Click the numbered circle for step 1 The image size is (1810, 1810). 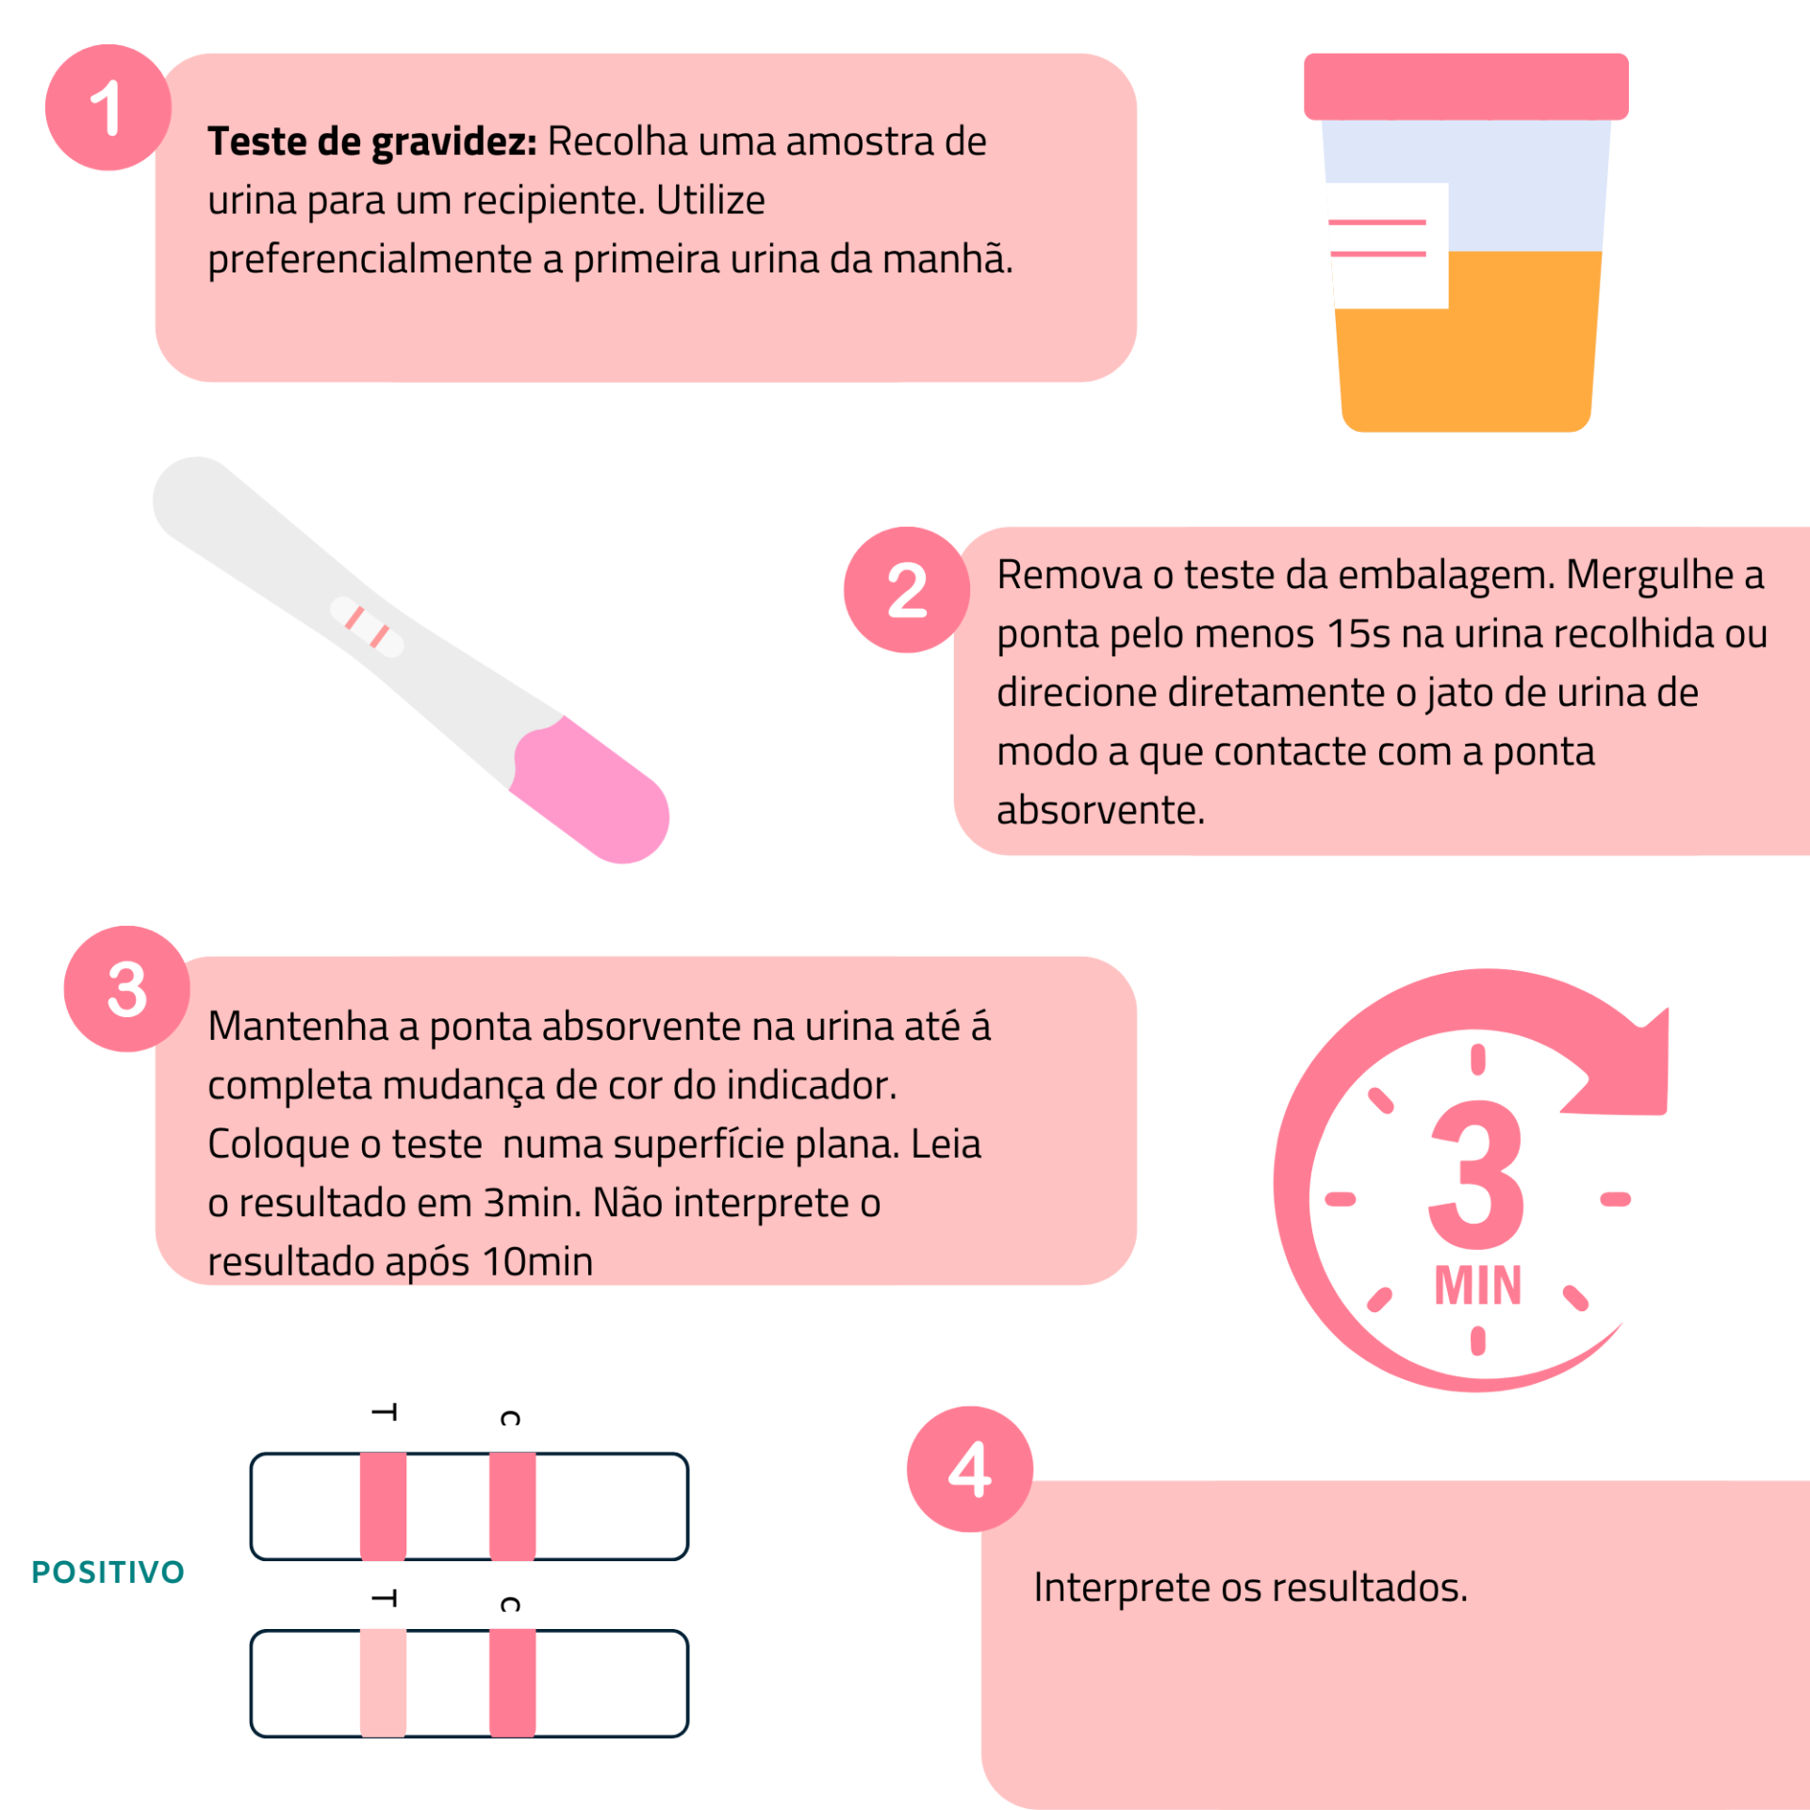(107, 107)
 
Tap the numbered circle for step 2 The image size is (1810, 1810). (906, 590)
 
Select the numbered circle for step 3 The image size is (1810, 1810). (126, 989)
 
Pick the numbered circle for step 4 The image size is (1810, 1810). (969, 1469)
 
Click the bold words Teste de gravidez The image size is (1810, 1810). (371, 141)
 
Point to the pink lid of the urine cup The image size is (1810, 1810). (1465, 87)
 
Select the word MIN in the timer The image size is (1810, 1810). (1477, 1286)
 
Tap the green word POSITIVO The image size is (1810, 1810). (108, 1571)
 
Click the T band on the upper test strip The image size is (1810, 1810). (383, 1506)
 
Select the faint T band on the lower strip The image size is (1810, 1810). (383, 1683)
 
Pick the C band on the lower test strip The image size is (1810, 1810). (512, 1683)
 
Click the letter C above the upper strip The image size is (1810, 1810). (510, 1418)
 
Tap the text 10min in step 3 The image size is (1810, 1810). (537, 1261)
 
